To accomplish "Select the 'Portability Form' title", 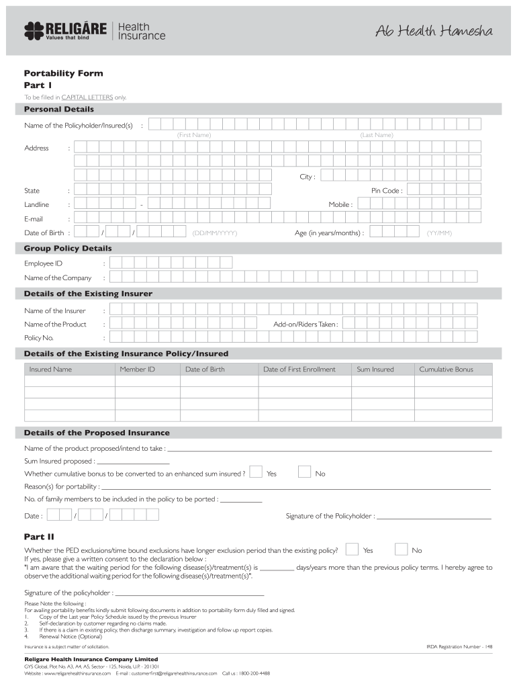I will pos(63,73).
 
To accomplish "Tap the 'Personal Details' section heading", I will pos(59,109).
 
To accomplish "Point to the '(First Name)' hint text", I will pos(194,135).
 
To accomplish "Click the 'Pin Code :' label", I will pos(387,191).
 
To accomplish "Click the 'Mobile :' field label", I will pos(340,204).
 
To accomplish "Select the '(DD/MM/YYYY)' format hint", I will pos(215,233).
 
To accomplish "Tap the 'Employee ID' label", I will pos(43,263).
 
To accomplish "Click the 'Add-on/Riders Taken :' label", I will pos(305,324).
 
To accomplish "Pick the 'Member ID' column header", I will pos(137,369).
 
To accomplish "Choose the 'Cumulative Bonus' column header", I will pos(446,369).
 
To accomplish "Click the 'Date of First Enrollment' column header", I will pos(299,369).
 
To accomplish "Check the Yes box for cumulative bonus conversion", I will pos(256,472).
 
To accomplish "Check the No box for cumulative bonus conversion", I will pos(304,472).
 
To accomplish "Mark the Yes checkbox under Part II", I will pos(352,549).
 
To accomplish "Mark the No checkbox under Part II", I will pos(401,549).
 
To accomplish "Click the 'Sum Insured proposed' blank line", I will pos(133,462).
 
